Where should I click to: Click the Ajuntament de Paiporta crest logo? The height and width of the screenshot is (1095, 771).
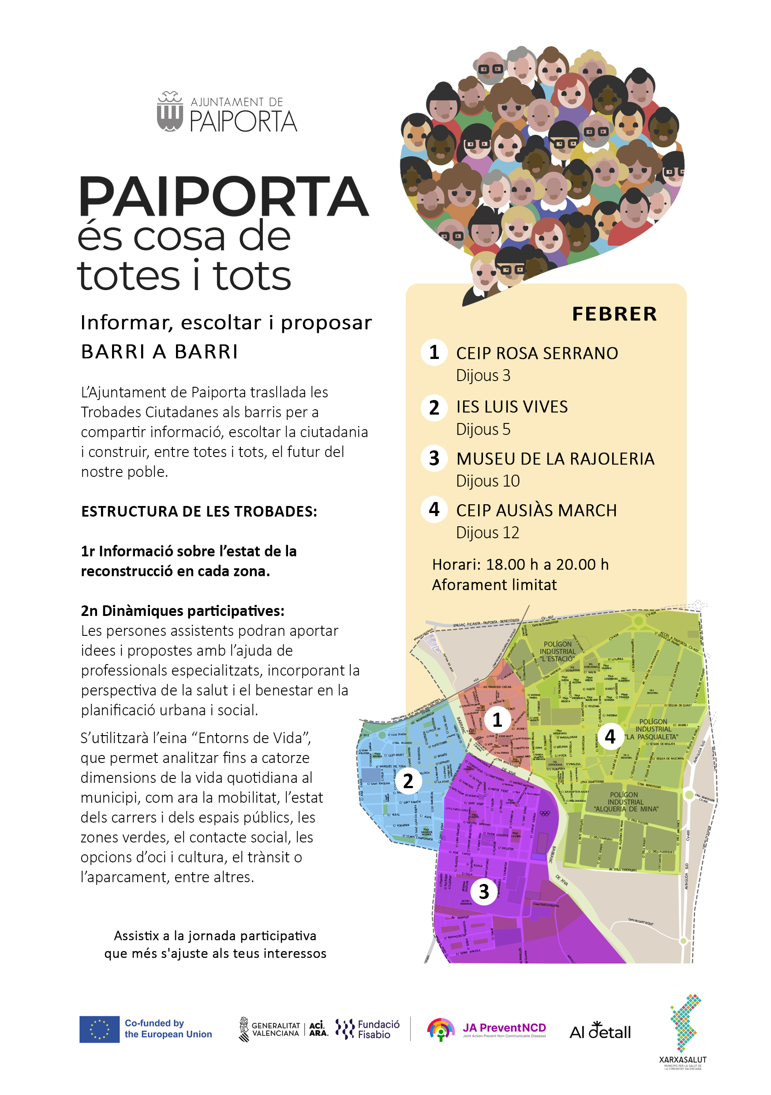point(170,112)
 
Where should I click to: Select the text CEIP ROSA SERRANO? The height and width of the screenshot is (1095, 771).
point(536,353)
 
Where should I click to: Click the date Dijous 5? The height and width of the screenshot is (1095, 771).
point(483,429)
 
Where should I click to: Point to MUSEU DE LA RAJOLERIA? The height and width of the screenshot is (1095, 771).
point(555,459)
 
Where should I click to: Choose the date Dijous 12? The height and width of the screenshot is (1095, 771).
point(487,533)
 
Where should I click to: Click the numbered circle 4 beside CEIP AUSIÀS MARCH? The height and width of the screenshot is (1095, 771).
point(434,510)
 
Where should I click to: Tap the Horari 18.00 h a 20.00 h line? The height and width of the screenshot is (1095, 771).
point(520,565)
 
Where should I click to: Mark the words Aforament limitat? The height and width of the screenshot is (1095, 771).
point(494,585)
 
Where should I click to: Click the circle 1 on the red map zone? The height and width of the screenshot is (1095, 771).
point(497,720)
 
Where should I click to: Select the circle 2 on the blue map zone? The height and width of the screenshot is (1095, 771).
point(408,781)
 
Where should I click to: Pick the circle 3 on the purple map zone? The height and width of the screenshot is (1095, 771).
point(484,891)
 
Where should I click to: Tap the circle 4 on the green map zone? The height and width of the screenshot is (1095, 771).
point(610,737)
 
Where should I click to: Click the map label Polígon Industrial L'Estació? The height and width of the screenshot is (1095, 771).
point(558,651)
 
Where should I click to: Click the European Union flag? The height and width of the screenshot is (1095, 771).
point(99,1029)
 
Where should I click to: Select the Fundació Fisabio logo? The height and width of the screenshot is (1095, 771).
point(367,1029)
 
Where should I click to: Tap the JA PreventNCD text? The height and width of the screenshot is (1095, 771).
point(504,1028)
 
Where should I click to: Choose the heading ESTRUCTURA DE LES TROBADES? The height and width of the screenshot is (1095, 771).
point(199,512)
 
